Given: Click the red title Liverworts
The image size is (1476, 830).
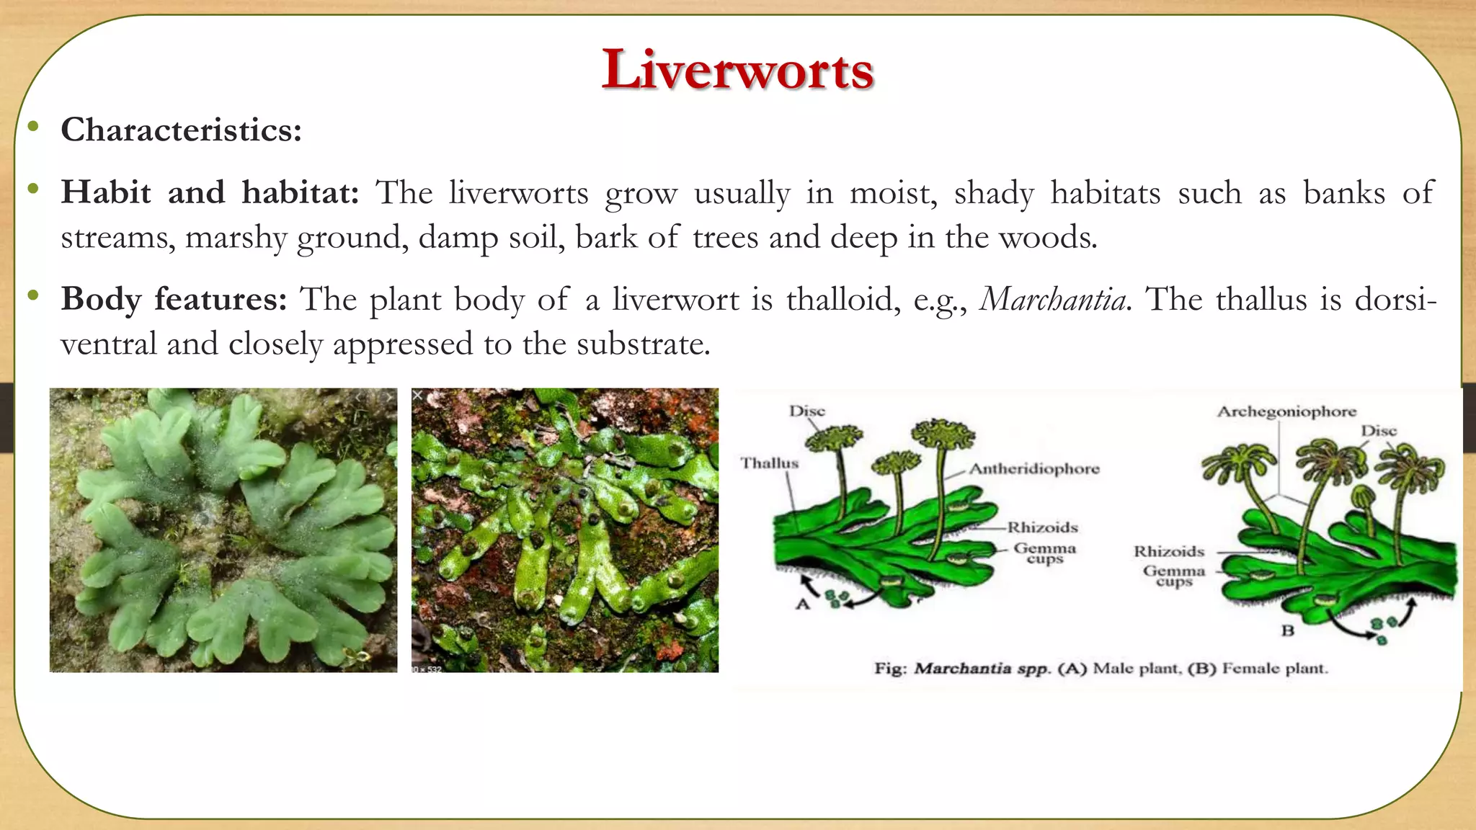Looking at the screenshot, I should pos(737,70).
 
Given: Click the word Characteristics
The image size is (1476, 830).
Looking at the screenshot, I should pos(181,130).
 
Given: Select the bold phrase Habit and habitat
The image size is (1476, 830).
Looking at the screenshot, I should pos(210,193).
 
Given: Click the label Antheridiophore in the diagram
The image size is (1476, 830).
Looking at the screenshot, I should pos(1034,469).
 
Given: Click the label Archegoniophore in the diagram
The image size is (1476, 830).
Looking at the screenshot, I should pos(1286,411).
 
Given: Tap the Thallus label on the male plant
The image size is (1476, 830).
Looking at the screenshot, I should pos(770,463).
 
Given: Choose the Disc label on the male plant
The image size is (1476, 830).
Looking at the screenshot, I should pos(806,411).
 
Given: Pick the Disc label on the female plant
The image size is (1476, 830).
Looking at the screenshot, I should pos(1378,431).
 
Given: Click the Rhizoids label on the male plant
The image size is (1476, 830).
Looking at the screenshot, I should pos(1042,527).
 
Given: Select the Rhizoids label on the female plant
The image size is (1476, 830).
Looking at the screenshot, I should pos(1168,552).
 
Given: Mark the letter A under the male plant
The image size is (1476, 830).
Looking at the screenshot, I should pos(803,604).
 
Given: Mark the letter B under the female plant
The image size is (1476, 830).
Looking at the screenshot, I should pos(1287,630).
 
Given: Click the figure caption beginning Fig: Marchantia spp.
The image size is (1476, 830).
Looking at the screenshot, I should pos(1101,669).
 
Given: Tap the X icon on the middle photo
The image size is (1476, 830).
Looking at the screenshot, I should pos(417,395).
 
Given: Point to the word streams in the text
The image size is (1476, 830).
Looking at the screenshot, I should pos(117,238).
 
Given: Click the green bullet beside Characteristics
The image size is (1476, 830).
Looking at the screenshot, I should pos(33,128).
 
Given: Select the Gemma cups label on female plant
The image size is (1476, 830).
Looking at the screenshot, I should pos(1174,576).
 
